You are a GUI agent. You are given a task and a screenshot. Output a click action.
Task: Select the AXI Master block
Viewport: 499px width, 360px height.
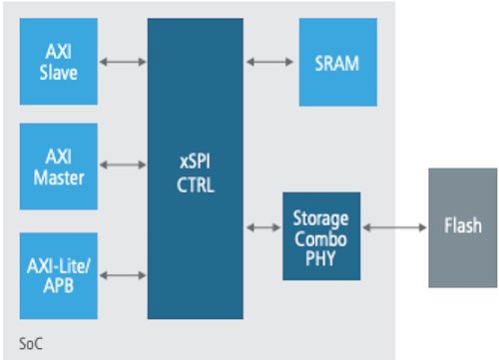point(58,168)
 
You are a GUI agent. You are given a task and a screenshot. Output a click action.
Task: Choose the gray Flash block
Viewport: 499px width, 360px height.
point(462,228)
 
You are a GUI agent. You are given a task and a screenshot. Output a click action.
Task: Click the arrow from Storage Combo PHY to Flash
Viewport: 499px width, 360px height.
point(395,228)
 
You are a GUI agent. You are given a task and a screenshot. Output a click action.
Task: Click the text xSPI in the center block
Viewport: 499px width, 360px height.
point(196,159)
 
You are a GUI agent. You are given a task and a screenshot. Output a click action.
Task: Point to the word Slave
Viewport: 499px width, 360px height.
point(58,73)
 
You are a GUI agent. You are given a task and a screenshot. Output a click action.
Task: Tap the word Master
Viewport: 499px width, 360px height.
point(58,178)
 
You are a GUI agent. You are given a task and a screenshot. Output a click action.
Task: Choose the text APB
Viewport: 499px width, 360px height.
point(58,284)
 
